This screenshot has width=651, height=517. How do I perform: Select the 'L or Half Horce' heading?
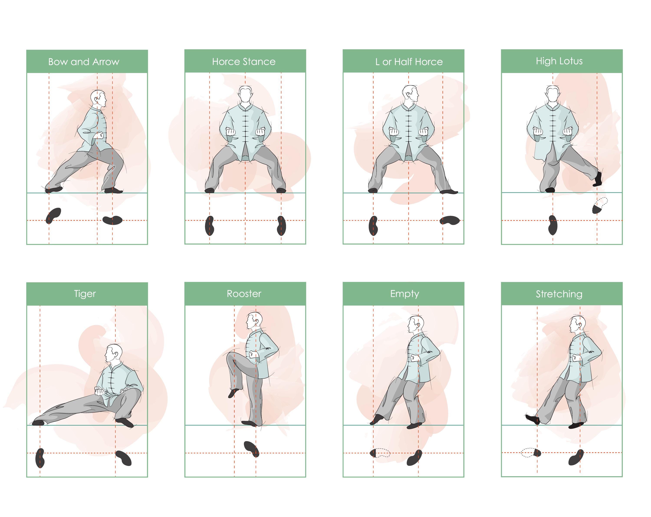click(409, 62)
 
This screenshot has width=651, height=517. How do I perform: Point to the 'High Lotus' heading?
click(559, 61)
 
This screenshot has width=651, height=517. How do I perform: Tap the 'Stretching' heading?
click(559, 294)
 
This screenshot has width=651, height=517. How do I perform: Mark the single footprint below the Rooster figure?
click(251, 449)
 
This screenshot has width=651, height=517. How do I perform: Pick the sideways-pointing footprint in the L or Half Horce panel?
click(449, 221)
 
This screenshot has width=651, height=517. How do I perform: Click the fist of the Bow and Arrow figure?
click(100, 135)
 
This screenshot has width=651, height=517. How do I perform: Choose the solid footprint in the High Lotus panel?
click(552, 225)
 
